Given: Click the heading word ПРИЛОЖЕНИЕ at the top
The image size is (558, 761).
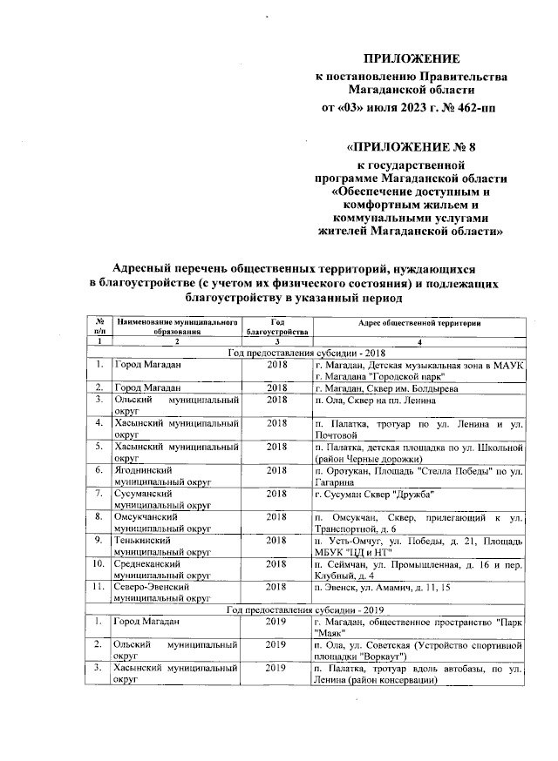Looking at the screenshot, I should (x=411, y=58).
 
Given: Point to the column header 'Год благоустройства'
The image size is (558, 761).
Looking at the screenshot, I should (x=277, y=327).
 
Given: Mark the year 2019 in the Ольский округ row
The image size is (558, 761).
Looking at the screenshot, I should (x=277, y=644).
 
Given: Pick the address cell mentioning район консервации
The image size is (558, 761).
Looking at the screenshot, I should (x=418, y=674).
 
